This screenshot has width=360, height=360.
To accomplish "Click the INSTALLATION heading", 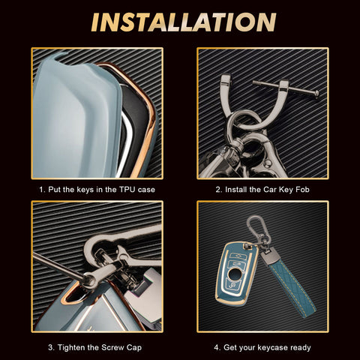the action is (x=184, y=22).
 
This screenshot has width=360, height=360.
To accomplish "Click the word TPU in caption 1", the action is (x=127, y=190).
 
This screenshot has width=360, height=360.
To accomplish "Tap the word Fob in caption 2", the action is (x=302, y=190).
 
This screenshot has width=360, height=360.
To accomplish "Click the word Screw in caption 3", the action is (x=112, y=347).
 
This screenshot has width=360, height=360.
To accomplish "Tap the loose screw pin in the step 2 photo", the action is (x=286, y=88).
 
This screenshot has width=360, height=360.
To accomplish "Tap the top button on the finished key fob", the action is (x=236, y=256).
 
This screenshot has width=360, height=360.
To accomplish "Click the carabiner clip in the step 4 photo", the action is (x=256, y=227).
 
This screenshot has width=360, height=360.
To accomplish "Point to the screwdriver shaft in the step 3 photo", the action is (x=58, y=265).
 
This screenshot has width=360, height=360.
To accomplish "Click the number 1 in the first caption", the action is (x=41, y=190).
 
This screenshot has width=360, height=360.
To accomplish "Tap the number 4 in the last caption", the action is (x=217, y=348).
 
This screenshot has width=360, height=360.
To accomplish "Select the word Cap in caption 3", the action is (x=134, y=348).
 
